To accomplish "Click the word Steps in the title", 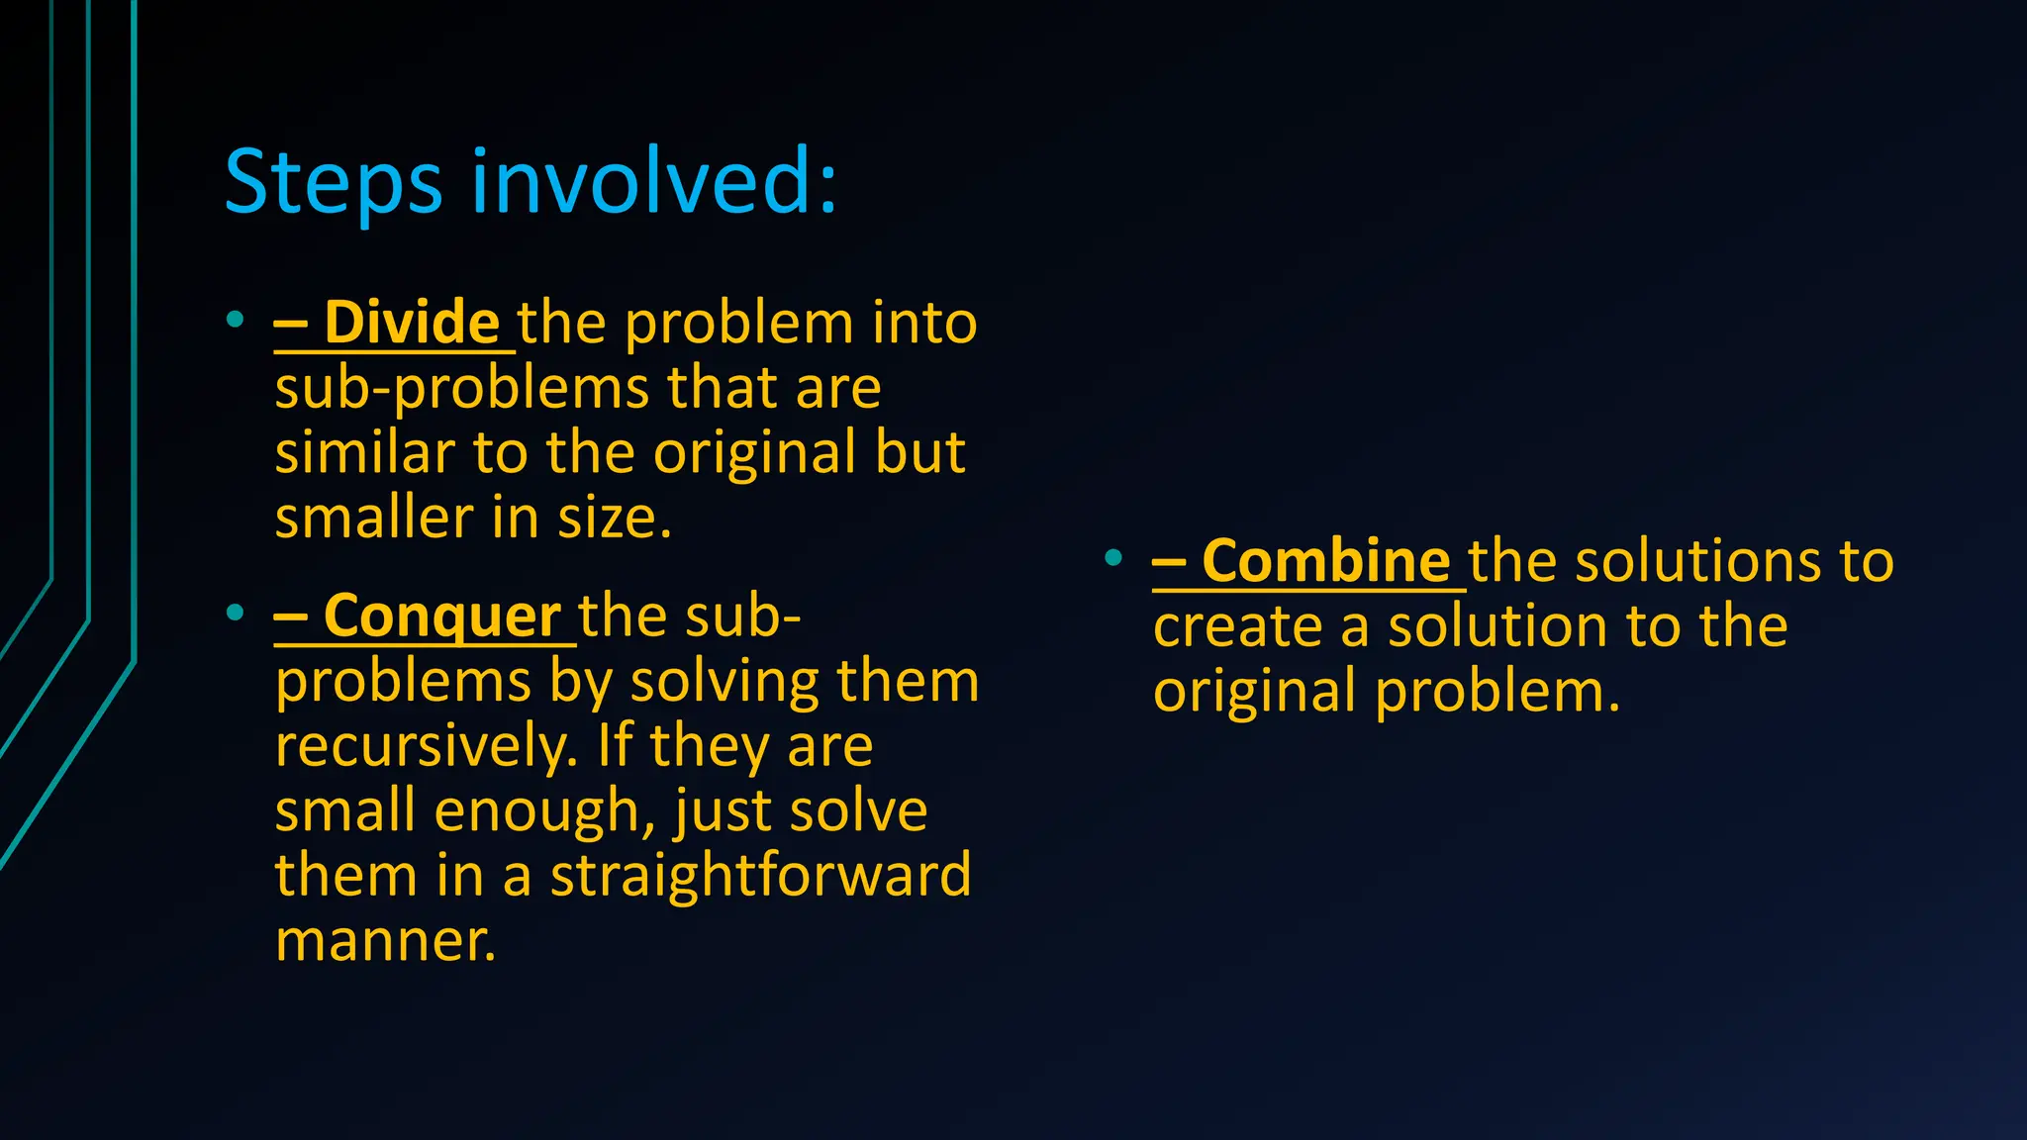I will tap(333, 183).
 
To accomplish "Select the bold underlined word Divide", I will tap(411, 323).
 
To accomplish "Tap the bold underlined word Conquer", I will tap(441, 617).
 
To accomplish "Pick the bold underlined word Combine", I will tap(1325, 561).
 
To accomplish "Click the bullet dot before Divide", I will tap(235, 320).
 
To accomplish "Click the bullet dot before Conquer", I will tap(235, 613).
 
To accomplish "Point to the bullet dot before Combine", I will tap(1113, 558).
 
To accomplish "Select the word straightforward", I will tap(760, 876).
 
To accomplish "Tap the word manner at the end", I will tap(385, 940).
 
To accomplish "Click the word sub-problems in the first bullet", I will tap(462, 388).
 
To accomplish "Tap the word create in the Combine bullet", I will tap(1237, 626).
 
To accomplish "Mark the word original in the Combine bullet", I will tap(1254, 692).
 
